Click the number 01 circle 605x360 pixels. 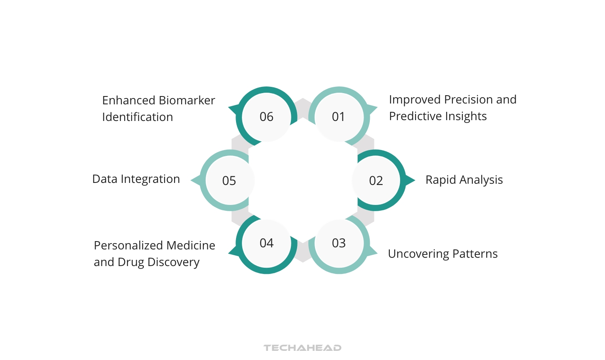[x=339, y=117]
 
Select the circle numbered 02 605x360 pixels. [x=376, y=180]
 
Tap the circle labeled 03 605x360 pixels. [x=339, y=243]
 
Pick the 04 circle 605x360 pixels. [x=266, y=243]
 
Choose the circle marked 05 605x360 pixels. [x=229, y=180]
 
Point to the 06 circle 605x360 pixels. [x=266, y=117]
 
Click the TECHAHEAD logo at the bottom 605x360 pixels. [x=302, y=348]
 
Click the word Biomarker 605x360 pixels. [x=187, y=101]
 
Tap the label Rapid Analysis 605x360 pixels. [x=464, y=180]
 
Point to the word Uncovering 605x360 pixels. [x=418, y=254]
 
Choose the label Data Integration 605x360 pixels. [x=136, y=179]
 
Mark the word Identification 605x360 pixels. [x=138, y=117]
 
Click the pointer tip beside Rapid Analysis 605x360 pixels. [x=414, y=180]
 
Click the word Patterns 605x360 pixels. [x=475, y=254]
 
